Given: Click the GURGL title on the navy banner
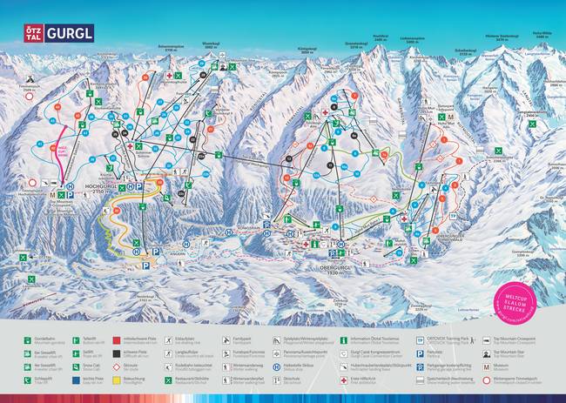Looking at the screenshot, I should [69, 33].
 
